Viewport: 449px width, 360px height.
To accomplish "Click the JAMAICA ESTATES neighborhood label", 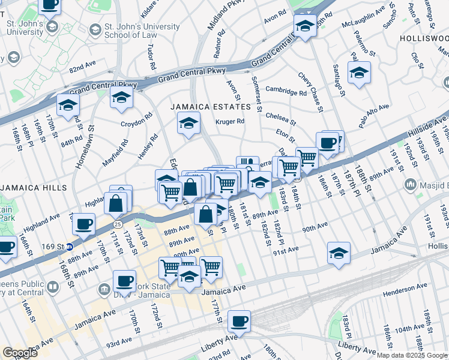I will [x=210, y=107].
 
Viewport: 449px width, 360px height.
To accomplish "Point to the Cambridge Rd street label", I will [x=286, y=92].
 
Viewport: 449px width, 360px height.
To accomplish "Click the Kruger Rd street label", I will [x=230, y=121].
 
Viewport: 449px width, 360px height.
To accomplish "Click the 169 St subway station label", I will [x=52, y=246].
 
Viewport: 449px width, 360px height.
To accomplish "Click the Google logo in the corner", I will [x=20, y=352].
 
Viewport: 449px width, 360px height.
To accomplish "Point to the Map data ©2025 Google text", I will [x=412, y=355].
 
